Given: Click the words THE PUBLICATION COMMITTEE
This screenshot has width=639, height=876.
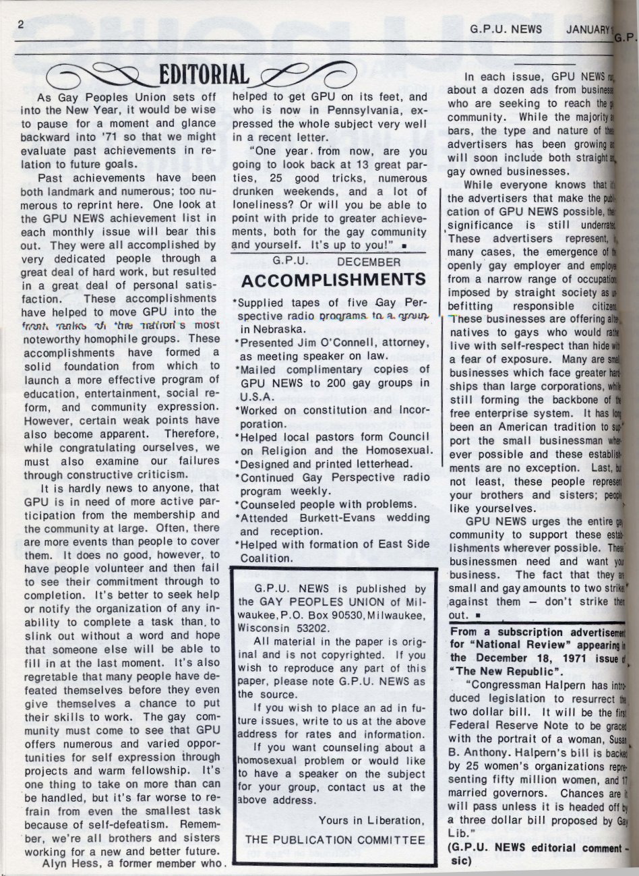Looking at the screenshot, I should [335, 840].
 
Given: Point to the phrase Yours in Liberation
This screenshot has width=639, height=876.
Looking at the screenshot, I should [371, 821].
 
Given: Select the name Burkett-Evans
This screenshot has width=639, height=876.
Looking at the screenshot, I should [333, 517].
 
